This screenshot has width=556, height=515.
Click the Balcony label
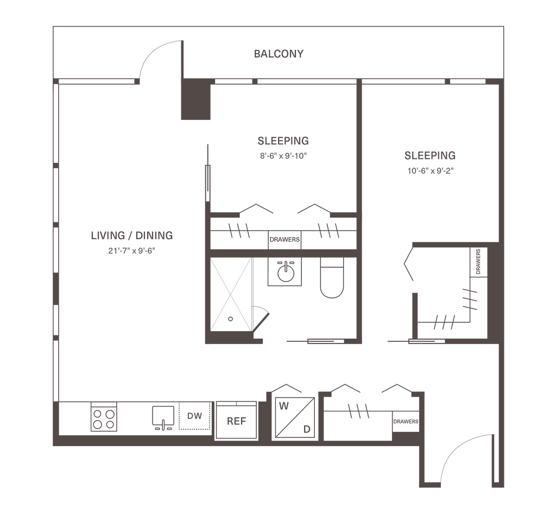279,54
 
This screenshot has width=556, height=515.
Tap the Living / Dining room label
132,236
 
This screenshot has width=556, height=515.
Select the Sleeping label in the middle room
283,141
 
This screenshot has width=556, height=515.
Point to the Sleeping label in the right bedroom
429,156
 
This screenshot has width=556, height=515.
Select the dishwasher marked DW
193,417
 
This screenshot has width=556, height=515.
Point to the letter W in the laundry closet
283,405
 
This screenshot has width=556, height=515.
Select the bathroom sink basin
283,272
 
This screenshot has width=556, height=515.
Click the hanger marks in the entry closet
358,411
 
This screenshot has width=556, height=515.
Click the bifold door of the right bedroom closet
408,263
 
